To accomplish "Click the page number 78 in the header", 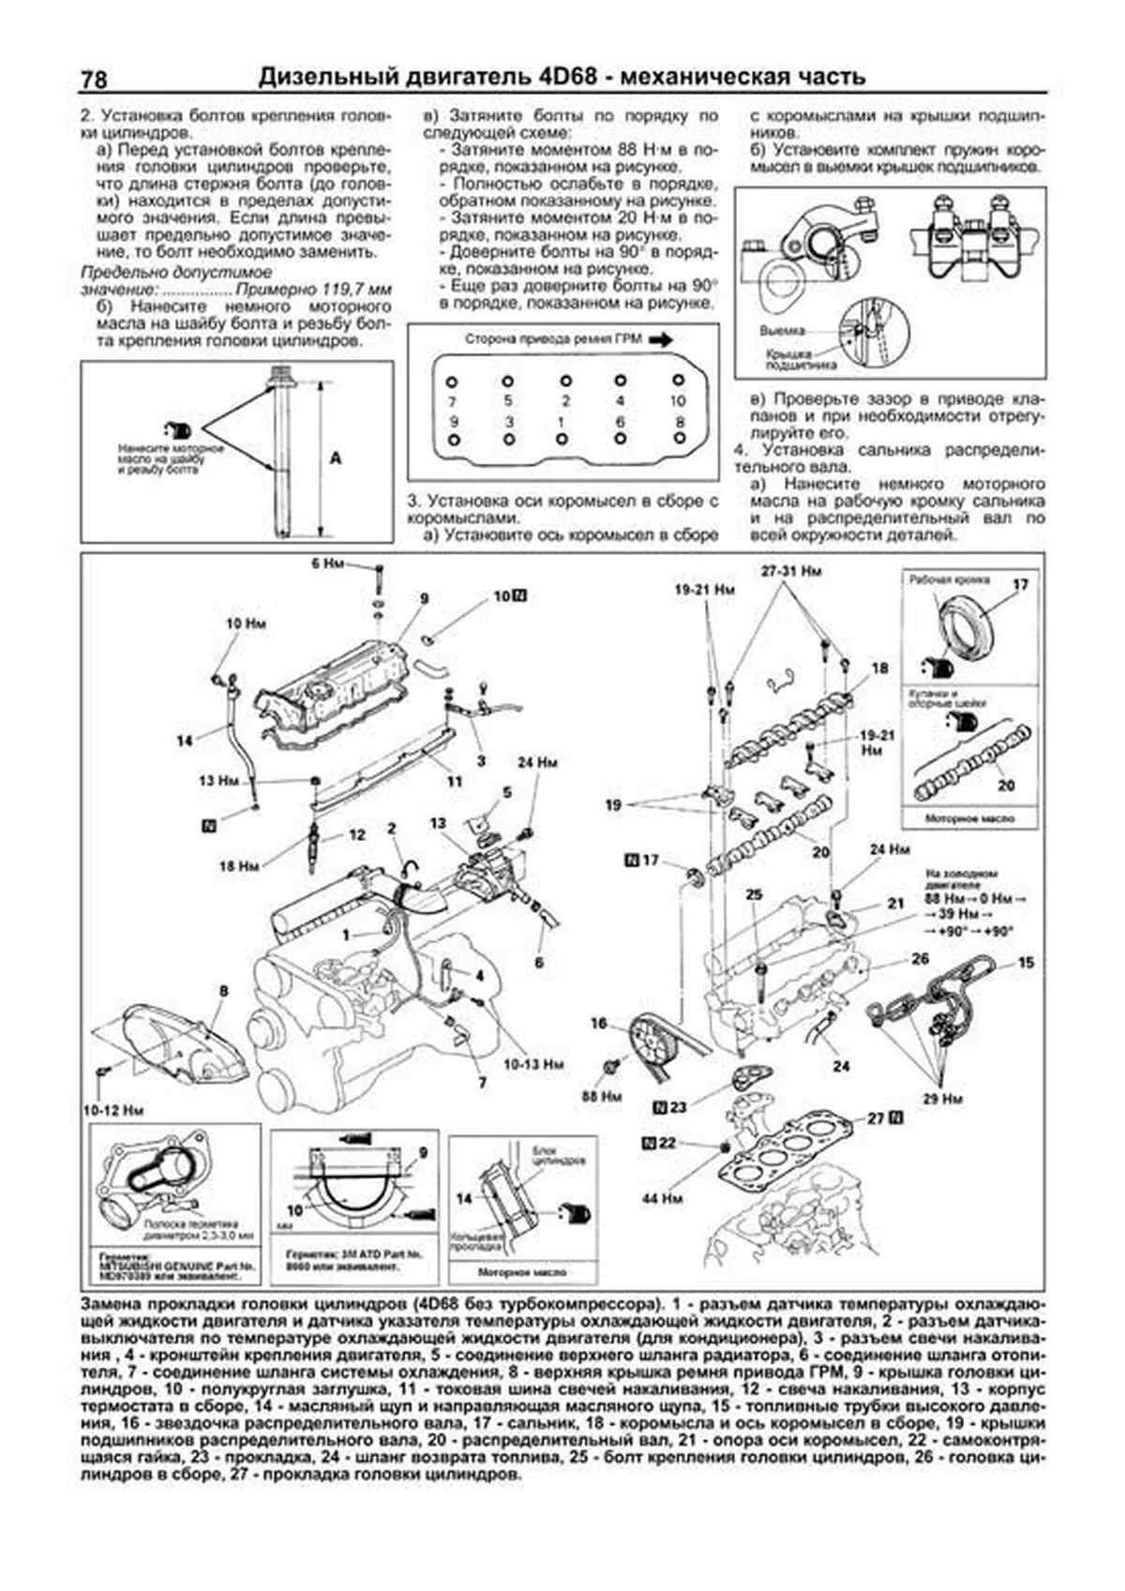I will click(94, 80).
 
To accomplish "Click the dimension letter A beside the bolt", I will click(336, 459).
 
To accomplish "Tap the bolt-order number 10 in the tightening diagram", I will click(678, 400).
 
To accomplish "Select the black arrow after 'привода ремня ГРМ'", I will click(660, 340).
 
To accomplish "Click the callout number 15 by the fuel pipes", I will click(1026, 962).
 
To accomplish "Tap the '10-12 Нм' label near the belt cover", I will click(113, 1109).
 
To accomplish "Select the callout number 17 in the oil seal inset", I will click(1021, 584).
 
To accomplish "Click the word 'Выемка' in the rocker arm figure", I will click(781, 331).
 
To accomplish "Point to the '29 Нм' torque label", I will click(941, 1098).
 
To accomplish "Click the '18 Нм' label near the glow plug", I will click(239, 867).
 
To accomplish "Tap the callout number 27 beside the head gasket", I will click(876, 1118).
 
